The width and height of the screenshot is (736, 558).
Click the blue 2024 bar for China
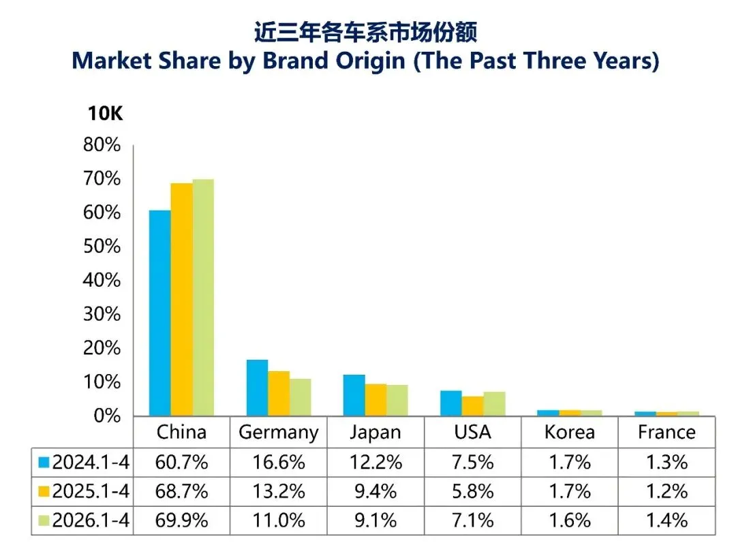tap(160, 313)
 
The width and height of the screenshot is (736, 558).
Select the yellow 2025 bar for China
tap(182, 299)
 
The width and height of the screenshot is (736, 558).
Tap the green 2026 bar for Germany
tap(301, 397)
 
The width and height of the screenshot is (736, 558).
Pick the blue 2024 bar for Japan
tap(354, 395)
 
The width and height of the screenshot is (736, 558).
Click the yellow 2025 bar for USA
tap(473, 406)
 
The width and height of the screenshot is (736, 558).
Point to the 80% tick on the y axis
tap(102, 145)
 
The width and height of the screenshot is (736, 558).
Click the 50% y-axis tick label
tap(102, 247)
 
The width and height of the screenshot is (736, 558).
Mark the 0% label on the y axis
tap(107, 416)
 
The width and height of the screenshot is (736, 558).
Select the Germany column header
tap(278, 433)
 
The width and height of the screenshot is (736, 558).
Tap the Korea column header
tap(569, 432)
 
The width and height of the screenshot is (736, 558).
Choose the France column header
tap(666, 432)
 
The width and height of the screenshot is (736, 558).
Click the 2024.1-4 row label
tap(91, 462)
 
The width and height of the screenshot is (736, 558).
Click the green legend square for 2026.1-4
tap(44, 521)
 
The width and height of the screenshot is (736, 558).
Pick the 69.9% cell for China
tap(182, 521)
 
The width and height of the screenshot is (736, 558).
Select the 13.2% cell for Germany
tap(279, 491)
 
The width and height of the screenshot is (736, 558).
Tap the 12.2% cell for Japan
tap(375, 462)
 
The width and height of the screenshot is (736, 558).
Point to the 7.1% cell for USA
tap(473, 521)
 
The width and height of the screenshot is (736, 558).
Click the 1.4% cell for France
tap(667, 521)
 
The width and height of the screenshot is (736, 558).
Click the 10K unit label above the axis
tap(105, 114)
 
